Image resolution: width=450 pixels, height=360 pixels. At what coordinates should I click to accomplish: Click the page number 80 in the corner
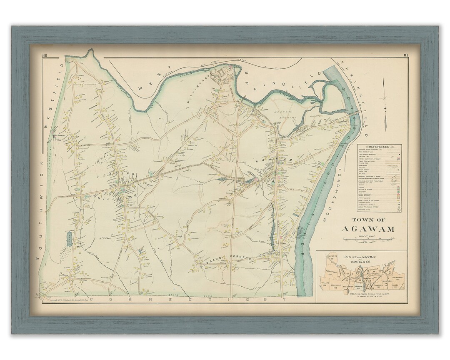(45, 56)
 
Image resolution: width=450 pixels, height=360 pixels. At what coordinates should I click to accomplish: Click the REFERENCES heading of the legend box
(379, 147)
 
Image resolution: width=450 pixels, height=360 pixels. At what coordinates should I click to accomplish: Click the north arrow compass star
(385, 100)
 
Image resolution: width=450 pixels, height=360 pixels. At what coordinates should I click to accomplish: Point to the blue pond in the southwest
(69, 239)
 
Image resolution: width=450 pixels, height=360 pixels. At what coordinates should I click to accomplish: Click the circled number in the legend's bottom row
(399, 211)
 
